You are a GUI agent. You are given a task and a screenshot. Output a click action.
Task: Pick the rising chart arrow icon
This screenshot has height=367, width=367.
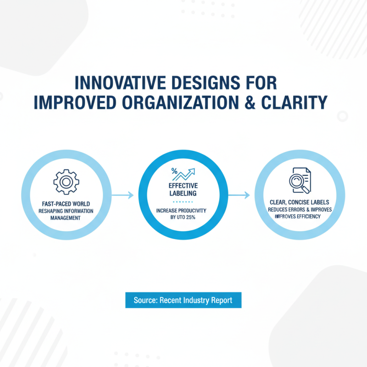[186, 175]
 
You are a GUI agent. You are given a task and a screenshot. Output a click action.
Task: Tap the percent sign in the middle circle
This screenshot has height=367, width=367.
[174, 171]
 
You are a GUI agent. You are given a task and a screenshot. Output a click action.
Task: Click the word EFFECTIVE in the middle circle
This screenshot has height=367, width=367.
[183, 186]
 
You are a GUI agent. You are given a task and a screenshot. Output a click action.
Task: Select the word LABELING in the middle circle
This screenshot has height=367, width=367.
[183, 194]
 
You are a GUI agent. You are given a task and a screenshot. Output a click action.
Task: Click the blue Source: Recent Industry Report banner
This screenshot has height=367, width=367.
[183, 300]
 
